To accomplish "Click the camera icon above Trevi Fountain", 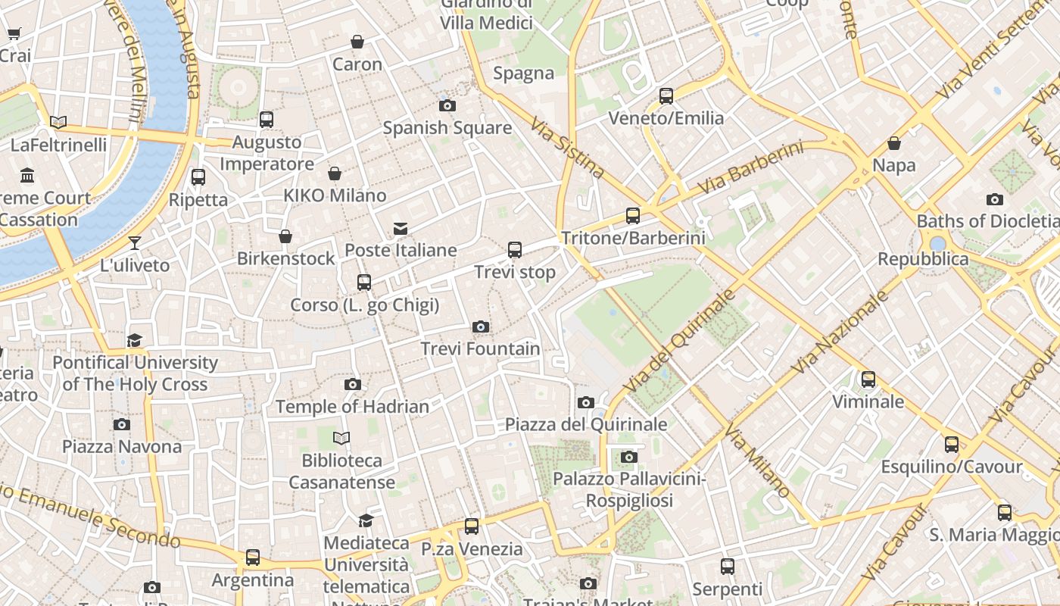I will (480, 327).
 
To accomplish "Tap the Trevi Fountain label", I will (480, 349).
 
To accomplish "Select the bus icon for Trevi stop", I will (515, 249).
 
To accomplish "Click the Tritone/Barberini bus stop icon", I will (633, 216).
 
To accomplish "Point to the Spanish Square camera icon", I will (447, 105).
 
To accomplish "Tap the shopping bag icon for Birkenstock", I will (285, 236).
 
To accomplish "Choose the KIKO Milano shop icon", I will (335, 173).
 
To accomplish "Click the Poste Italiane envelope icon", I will (401, 228).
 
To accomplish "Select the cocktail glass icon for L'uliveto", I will (135, 243).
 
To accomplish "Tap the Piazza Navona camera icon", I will (122, 424).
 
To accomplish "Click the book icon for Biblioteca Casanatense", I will (341, 438).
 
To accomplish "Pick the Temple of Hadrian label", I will (352, 407).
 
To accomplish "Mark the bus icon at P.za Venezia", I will (472, 526).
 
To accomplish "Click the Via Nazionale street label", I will (840, 332).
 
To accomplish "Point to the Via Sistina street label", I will (566, 148).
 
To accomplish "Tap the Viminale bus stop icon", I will (868, 379).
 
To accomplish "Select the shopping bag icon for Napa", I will (894, 143).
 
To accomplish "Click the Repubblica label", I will (923, 259).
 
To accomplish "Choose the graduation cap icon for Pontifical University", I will (135, 340).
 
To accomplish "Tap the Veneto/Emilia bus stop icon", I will (666, 96).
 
